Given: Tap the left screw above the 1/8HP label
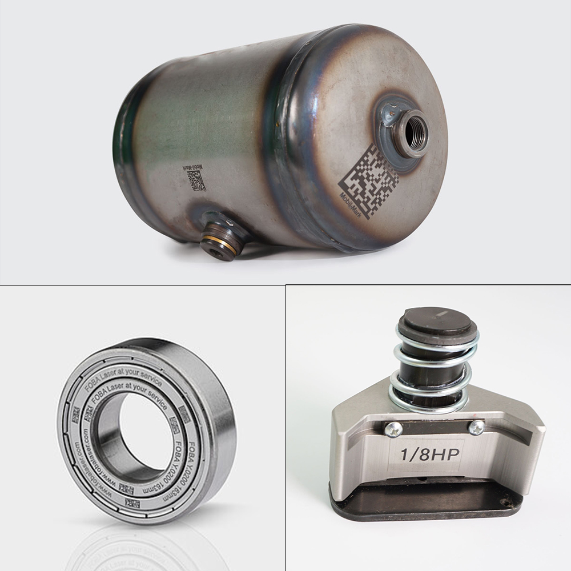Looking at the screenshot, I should [x=393, y=429].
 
